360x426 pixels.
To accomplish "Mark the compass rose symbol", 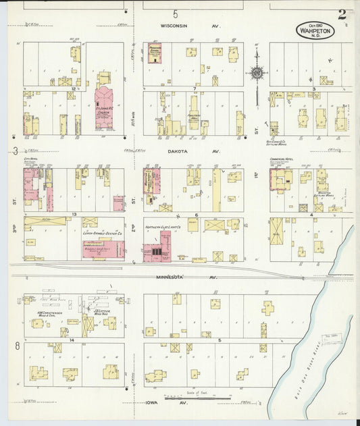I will [257, 72].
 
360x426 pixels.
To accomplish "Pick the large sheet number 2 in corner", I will [342, 14].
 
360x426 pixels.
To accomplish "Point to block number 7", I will [195, 88].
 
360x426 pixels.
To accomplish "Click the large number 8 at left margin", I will [16, 346].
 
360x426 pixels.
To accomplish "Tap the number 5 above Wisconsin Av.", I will [176, 14].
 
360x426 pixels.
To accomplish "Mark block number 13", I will [74, 214].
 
